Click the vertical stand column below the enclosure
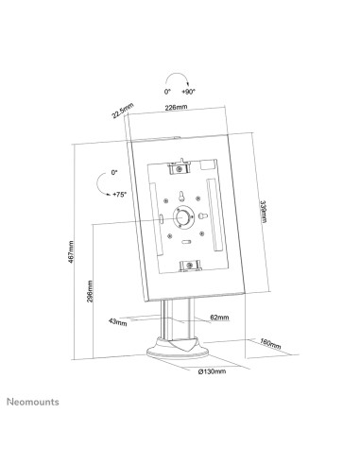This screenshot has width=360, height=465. pyautogui.click(x=172, y=326)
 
